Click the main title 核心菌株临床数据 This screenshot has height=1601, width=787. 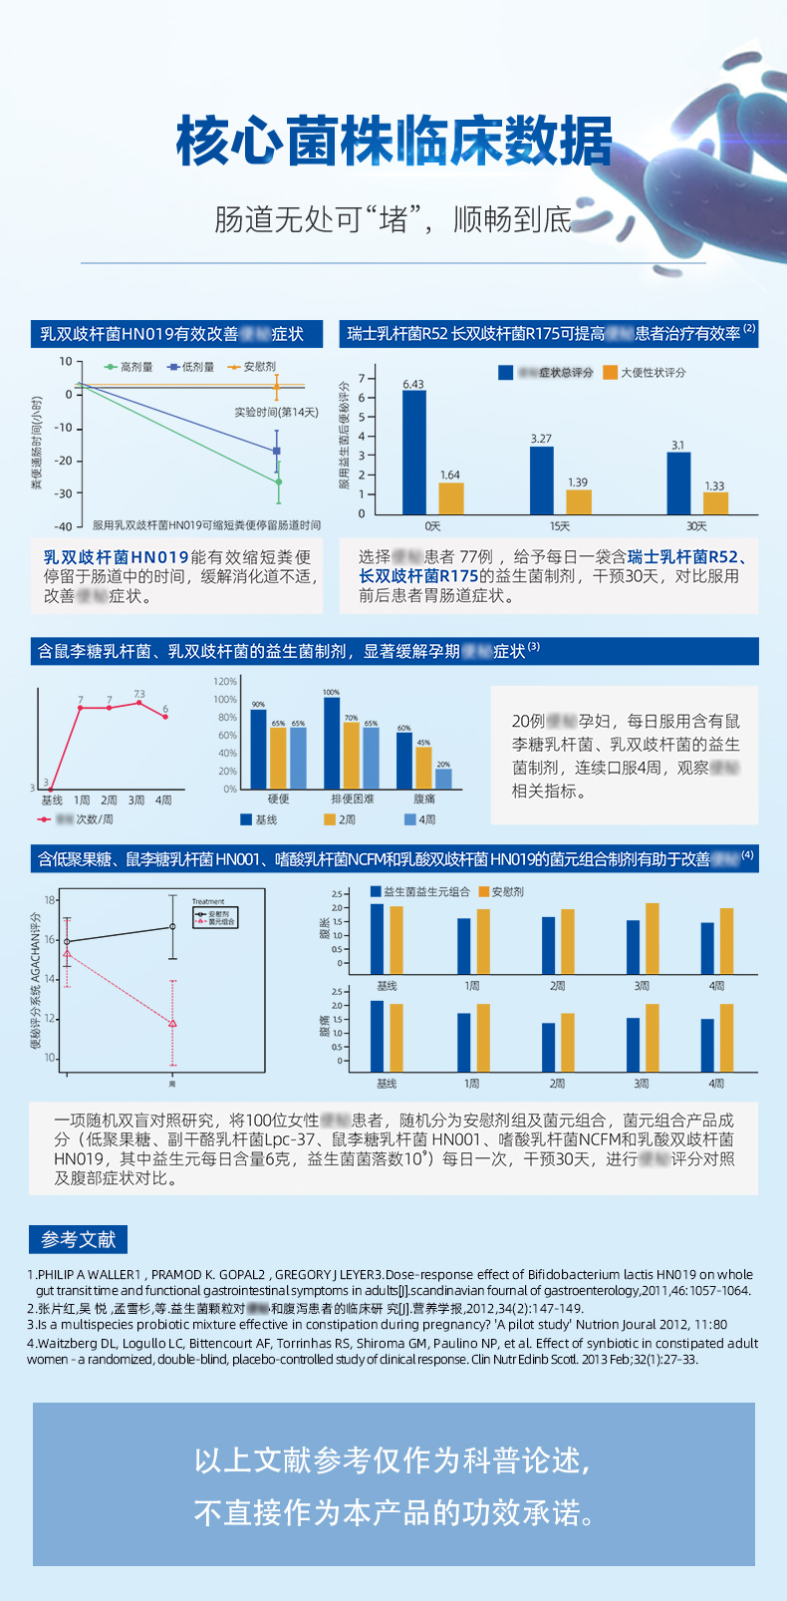point(393,141)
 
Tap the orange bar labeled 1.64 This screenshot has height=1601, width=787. point(450,497)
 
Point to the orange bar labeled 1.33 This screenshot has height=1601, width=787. point(715,502)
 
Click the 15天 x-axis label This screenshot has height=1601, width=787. point(560,525)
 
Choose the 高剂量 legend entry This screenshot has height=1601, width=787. point(130,367)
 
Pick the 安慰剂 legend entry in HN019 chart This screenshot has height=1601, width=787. point(253,367)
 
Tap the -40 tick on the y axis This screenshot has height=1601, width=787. point(64,525)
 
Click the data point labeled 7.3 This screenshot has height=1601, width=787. point(138,704)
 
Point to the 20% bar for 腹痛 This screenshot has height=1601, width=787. point(443,778)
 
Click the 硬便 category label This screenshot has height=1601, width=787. point(278,799)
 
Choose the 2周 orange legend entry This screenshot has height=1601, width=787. point(340,819)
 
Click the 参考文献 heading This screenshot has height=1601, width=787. point(78,1239)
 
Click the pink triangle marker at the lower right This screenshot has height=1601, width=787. point(172,1024)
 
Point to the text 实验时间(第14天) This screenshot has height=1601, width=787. point(276,412)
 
